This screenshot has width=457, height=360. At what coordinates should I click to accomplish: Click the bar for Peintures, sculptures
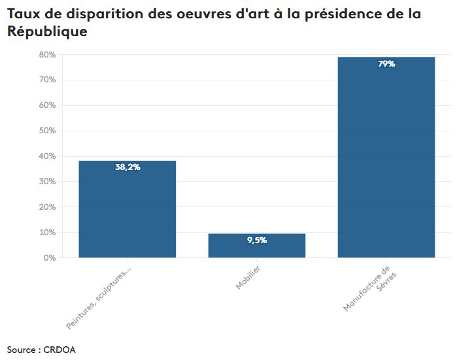pos(127,209)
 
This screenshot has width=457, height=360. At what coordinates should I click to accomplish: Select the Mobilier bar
pos(256,246)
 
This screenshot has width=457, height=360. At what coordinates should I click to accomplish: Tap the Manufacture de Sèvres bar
pos(386,157)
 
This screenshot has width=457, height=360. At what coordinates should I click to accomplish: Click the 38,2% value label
pos(127,167)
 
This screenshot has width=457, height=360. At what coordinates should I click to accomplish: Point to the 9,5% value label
pos(257,240)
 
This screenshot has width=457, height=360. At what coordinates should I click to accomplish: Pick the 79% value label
pos(386,64)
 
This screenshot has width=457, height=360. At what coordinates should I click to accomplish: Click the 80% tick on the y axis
pos(46,55)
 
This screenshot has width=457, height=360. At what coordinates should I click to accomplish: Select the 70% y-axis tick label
pos(46,80)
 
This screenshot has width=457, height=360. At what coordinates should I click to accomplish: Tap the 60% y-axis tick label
pos(46,105)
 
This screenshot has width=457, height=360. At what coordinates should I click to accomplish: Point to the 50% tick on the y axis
pos(46,131)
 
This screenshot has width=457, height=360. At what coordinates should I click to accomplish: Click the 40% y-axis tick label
pos(46,156)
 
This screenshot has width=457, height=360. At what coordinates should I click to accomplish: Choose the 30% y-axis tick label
pos(46,182)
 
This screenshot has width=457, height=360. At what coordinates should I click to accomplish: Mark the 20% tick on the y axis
pos(46,207)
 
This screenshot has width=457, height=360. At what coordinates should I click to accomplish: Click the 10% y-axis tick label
pos(46,233)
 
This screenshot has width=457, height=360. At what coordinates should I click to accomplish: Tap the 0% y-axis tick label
pos(48,258)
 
